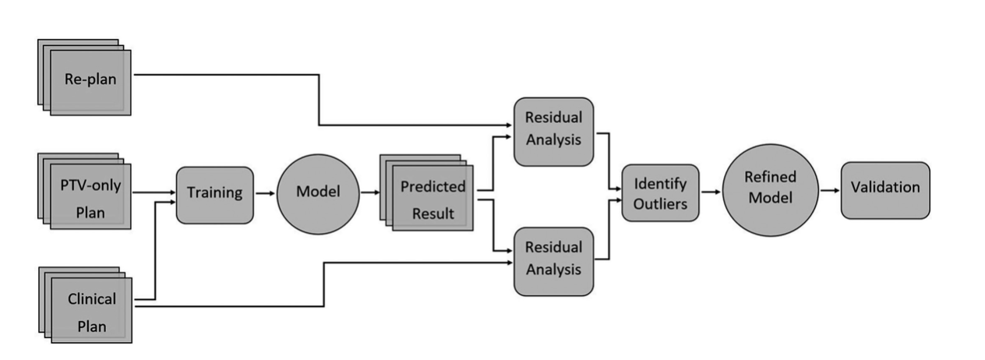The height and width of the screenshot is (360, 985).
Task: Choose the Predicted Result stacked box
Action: click(432, 199)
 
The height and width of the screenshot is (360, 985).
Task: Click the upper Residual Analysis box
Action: click(553, 131)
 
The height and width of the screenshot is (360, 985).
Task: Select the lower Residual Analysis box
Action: click(553, 260)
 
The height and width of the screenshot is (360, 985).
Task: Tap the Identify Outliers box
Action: click(660, 192)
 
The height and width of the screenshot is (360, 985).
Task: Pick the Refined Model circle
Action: click(770, 189)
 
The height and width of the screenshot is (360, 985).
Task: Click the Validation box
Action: click(885, 189)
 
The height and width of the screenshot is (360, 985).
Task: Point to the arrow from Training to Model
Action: click(265, 192)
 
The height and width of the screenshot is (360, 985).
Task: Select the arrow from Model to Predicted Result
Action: click(369, 192)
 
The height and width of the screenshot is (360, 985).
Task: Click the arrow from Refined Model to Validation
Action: click(829, 189)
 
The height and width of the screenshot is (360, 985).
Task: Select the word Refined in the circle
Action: click(770, 178)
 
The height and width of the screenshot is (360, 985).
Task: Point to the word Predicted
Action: click(432, 187)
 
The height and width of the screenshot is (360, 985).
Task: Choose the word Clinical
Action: click(92, 298)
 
